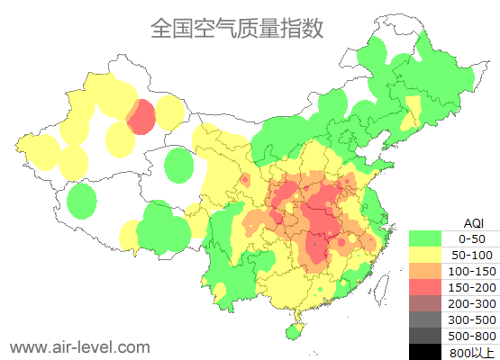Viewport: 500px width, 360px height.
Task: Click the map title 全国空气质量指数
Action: [x=237, y=28]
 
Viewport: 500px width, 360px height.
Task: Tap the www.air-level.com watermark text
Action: [x=80, y=346]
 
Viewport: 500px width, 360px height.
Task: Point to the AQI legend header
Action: [x=473, y=222]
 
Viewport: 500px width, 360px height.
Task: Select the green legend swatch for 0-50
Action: [x=430, y=238]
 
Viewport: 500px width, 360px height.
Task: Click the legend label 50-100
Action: [x=472, y=255]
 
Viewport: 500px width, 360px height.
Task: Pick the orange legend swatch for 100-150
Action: [x=430, y=271]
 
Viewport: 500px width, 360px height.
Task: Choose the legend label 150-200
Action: [x=472, y=287]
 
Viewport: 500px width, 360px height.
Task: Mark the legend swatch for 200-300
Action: [x=430, y=303]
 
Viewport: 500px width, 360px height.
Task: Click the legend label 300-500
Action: [x=472, y=319]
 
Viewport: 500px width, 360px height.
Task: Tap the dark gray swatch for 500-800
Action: [x=430, y=336]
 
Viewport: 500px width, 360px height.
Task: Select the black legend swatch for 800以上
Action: [x=430, y=351]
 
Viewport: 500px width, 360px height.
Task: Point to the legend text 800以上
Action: [x=472, y=351]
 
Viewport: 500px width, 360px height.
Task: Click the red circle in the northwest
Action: [x=141, y=117]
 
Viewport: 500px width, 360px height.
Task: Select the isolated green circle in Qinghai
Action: [x=180, y=166]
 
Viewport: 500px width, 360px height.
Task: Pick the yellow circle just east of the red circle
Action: [x=169, y=112]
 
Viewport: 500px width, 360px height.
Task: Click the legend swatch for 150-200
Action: [x=430, y=287]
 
